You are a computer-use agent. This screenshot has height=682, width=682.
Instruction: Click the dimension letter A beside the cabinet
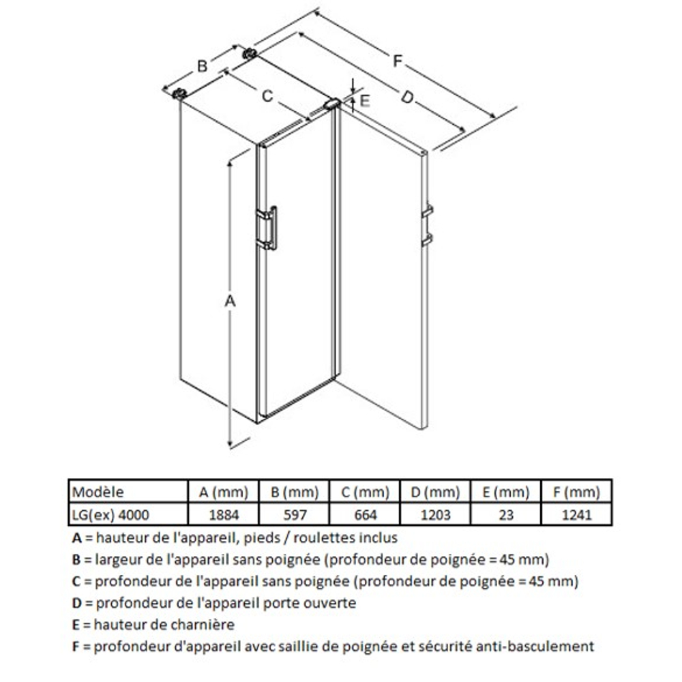231,301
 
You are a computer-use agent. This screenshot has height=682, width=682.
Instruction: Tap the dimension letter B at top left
203,66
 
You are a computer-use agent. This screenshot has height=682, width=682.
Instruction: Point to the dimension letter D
407,99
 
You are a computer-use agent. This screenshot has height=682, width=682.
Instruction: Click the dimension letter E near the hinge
364,101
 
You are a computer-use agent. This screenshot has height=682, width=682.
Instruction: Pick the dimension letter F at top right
398,61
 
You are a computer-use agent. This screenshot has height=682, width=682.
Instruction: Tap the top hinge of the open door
332,104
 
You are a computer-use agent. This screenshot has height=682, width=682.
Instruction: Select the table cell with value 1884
222,514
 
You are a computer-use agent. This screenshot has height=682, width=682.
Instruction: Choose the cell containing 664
364,514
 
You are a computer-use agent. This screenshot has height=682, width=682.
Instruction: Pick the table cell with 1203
435,514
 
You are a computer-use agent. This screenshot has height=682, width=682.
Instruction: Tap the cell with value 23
506,514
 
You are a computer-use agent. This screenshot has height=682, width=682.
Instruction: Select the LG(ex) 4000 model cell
110,514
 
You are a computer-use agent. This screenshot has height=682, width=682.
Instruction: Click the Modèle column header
98,492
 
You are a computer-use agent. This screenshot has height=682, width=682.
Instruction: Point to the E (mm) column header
506,492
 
